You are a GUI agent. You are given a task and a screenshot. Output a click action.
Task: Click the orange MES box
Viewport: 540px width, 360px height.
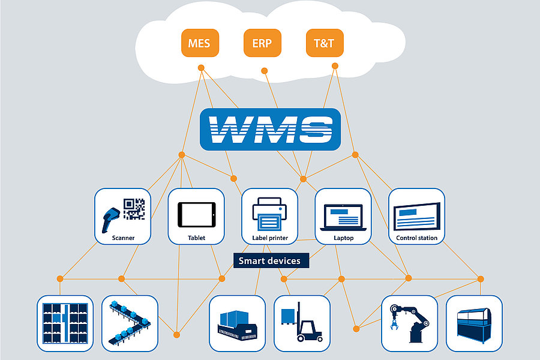click(x=200, y=43)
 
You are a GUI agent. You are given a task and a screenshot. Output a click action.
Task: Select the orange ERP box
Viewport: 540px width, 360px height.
click(x=262, y=43)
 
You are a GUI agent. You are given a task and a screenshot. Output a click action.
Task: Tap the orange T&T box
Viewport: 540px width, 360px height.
click(x=325, y=43)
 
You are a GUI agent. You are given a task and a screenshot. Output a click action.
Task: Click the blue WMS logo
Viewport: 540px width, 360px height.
click(x=270, y=129)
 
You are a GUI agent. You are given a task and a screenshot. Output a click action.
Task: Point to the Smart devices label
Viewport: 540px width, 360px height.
click(x=271, y=260)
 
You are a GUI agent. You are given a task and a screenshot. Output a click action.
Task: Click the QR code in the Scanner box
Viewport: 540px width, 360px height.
click(x=134, y=208)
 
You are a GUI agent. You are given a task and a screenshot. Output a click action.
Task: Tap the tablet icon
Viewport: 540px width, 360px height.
click(x=196, y=214)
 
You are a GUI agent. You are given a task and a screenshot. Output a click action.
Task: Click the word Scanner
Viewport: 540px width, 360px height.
click(x=123, y=238)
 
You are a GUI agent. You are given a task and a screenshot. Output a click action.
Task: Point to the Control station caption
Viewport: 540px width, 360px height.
click(x=416, y=238)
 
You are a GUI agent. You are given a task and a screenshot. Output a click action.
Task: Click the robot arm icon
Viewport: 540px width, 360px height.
click(x=409, y=323)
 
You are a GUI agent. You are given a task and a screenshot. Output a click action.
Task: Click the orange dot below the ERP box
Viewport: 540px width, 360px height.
click(x=264, y=71)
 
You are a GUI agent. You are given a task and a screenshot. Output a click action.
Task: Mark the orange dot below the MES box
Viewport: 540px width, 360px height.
click(x=201, y=68)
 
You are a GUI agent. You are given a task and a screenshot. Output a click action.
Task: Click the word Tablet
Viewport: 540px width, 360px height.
click(x=196, y=238)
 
